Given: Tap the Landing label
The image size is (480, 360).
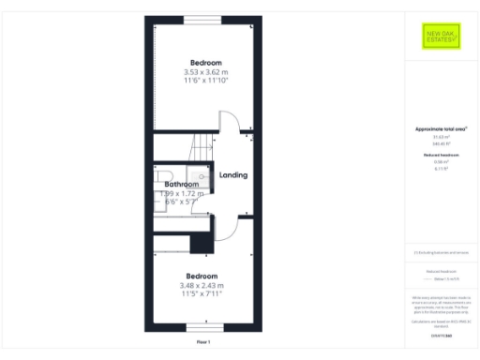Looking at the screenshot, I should [232, 175].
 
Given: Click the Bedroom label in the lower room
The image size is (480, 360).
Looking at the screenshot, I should [202, 277].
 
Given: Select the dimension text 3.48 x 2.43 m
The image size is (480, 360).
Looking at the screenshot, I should [202, 286].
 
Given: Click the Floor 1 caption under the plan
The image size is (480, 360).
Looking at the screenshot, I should [202, 343].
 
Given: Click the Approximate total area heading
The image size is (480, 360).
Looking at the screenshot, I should [440, 128].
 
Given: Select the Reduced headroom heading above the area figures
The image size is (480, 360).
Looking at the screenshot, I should [440, 154].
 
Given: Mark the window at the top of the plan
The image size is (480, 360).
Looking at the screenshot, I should [202, 20].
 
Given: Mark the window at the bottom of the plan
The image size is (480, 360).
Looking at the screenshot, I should [202, 326].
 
